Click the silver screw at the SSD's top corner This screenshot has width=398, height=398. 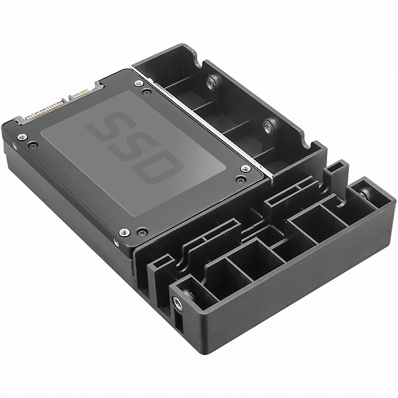(139, 83)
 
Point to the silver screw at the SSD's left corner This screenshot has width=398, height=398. (22, 137)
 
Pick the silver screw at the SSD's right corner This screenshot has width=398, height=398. (245, 168)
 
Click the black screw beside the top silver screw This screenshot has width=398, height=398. (146, 92)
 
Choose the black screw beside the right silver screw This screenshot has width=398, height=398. (239, 180)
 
